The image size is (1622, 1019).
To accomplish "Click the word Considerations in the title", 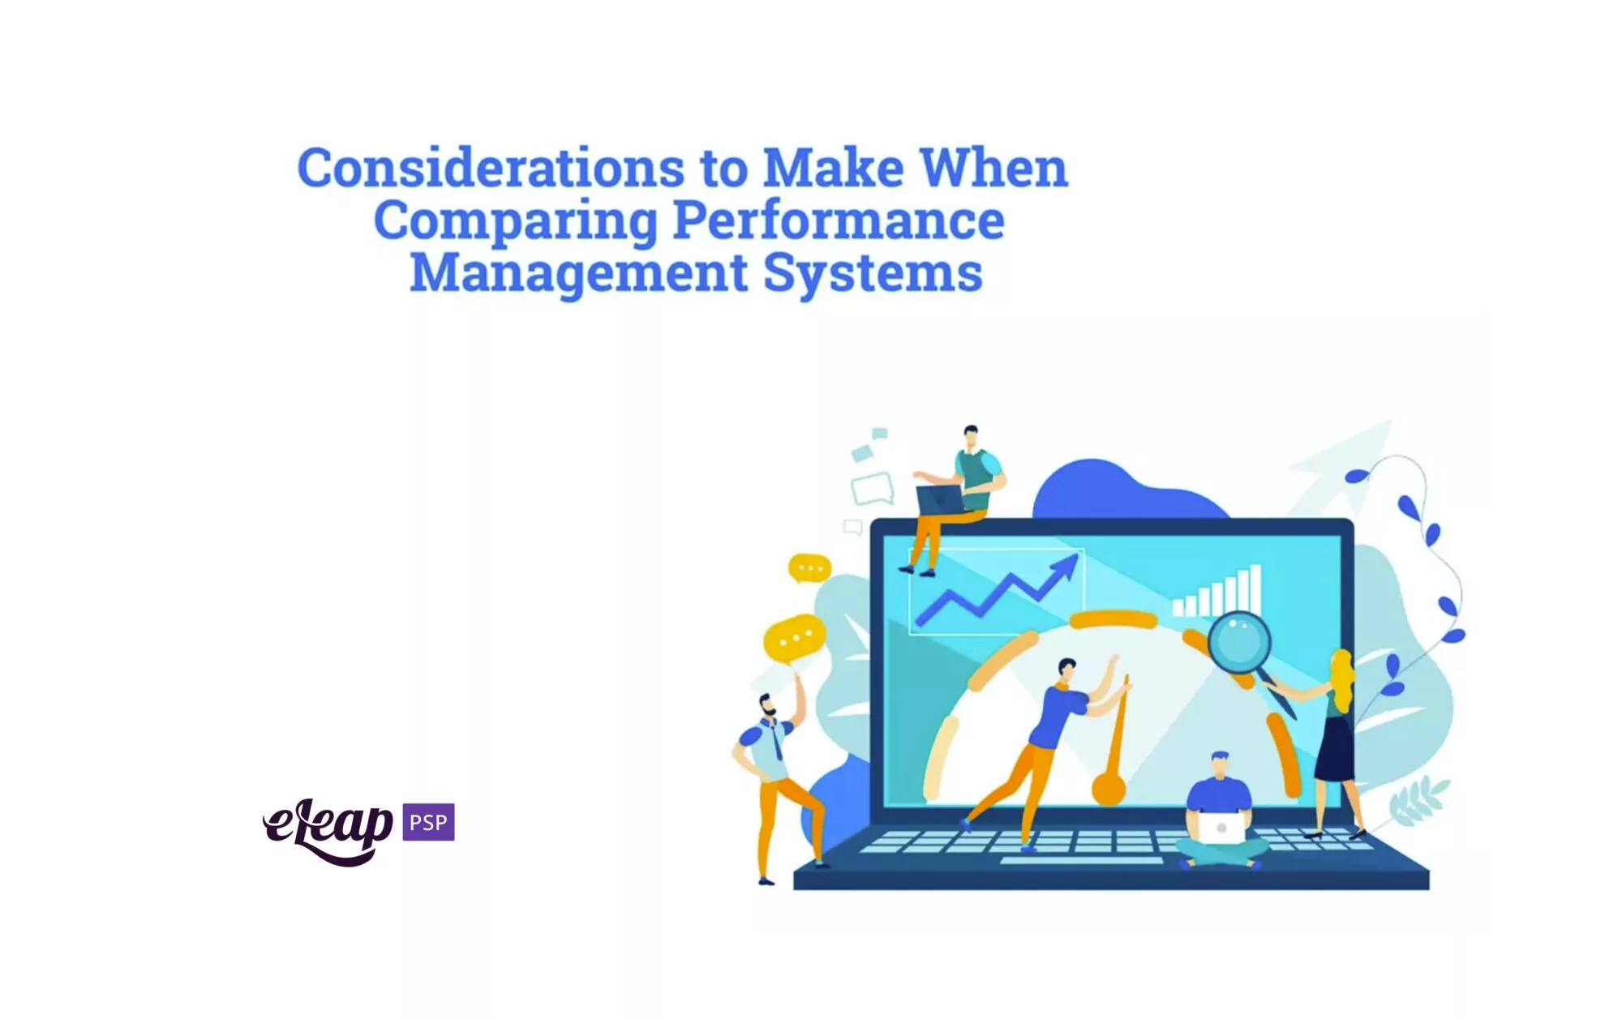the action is [491, 169].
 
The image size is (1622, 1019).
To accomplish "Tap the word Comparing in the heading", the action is [515, 222].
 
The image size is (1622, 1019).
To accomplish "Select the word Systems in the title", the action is [873, 274].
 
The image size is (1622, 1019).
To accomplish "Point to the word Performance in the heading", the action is [839, 220].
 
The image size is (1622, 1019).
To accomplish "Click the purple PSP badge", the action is [428, 822].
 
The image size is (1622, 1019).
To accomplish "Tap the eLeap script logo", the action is [328, 831].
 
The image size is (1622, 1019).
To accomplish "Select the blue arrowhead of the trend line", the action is [1065, 567].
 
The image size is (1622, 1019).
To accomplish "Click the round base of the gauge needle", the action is [1108, 789].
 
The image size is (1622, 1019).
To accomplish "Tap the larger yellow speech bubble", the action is [794, 639].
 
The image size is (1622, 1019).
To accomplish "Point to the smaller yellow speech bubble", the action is [809, 567].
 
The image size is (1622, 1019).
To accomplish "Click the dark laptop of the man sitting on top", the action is [941, 499].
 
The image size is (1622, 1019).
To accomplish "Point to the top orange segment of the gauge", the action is [1114, 620].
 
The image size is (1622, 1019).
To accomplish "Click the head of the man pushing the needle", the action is [1067, 670].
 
